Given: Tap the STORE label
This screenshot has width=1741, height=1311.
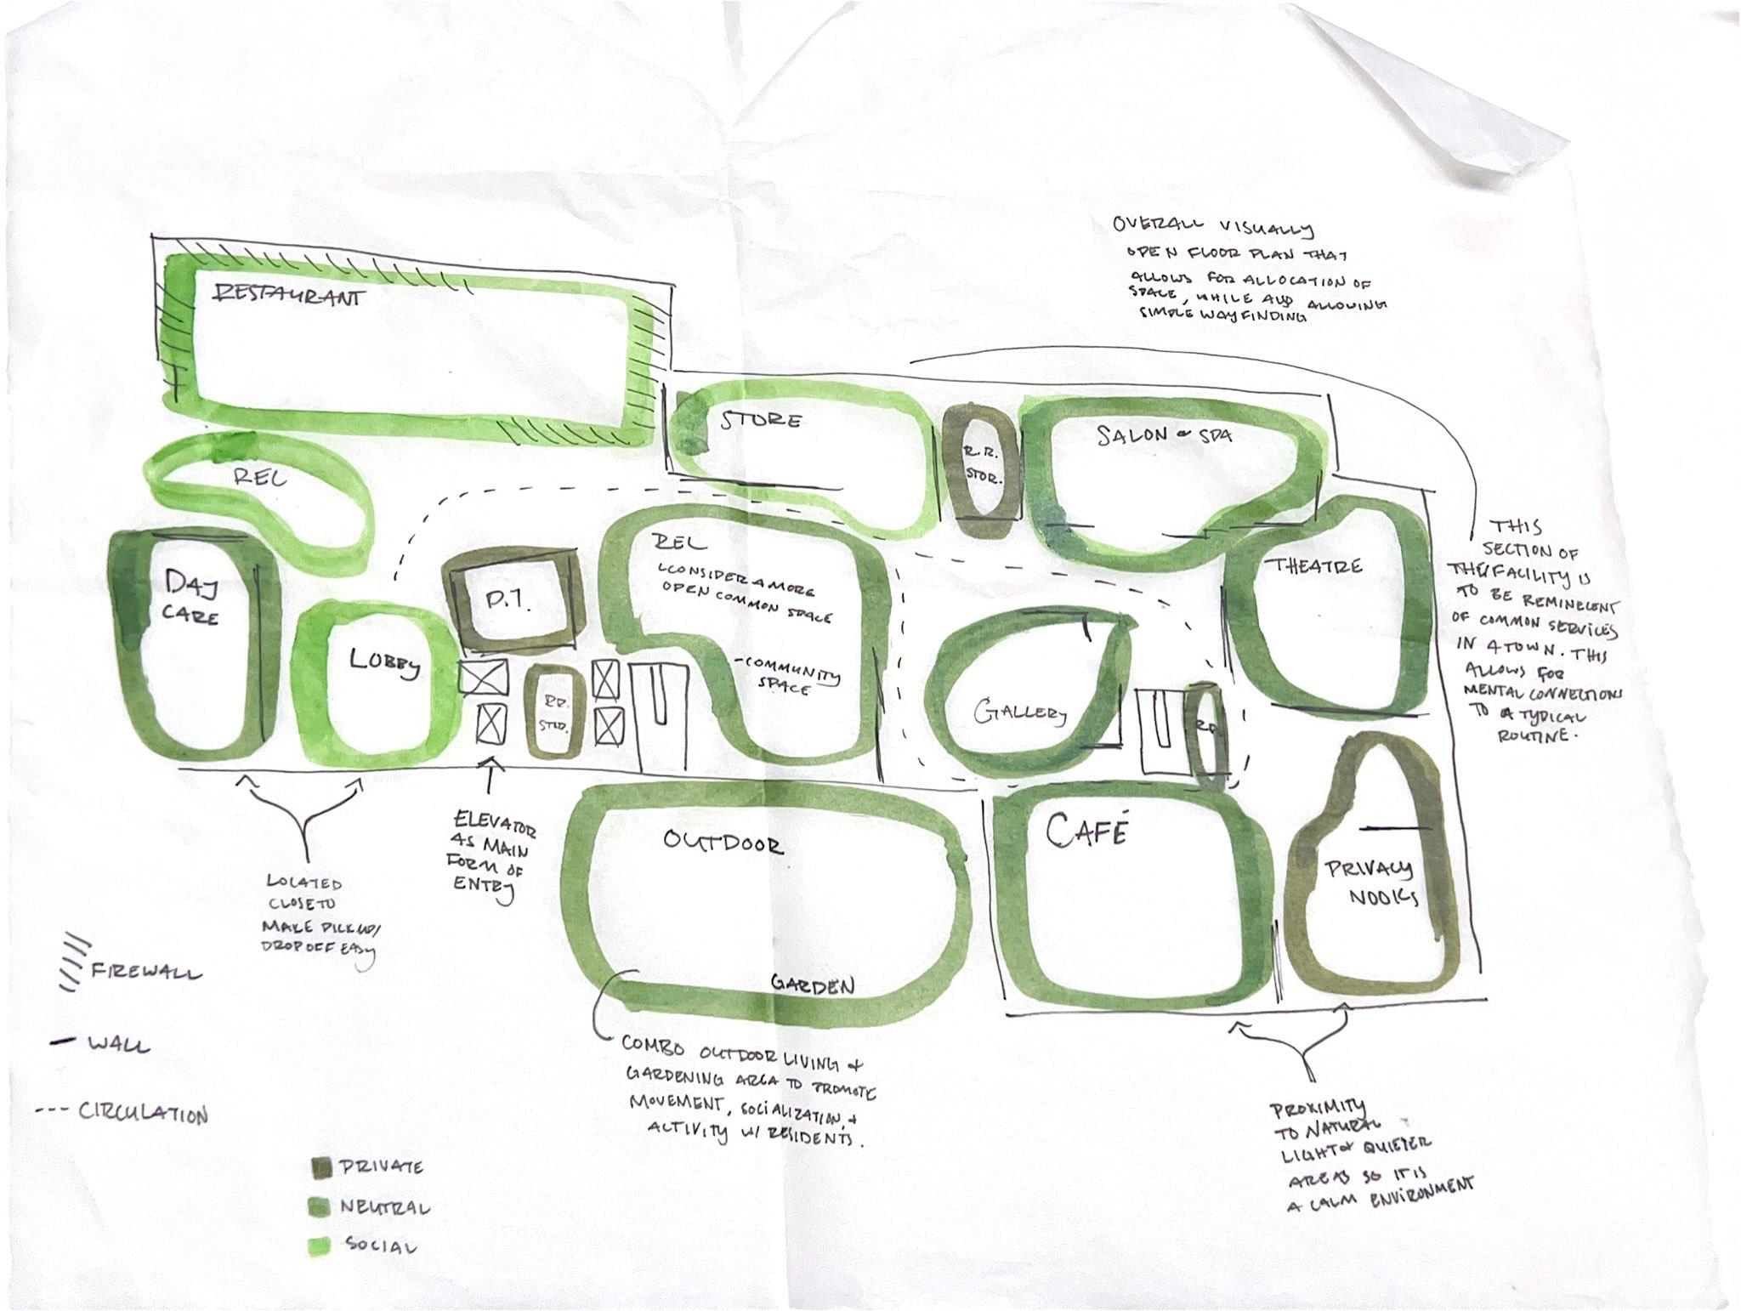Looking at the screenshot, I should pyautogui.click(x=761, y=421).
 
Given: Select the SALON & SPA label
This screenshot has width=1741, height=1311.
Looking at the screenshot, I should pyautogui.click(x=1163, y=435).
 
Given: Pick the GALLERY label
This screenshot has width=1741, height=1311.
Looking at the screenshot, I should pyautogui.click(x=1019, y=712).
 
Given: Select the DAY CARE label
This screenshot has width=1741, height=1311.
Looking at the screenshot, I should pyautogui.click(x=191, y=599).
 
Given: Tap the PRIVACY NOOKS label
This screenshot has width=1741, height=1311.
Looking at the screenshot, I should pyautogui.click(x=1370, y=883).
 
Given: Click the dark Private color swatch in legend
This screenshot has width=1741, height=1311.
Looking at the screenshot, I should pyautogui.click(x=321, y=1169).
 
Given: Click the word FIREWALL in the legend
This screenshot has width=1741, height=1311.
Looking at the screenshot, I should pyautogui.click(x=145, y=971).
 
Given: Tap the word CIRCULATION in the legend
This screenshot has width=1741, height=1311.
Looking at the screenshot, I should pyautogui.click(x=143, y=1113).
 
